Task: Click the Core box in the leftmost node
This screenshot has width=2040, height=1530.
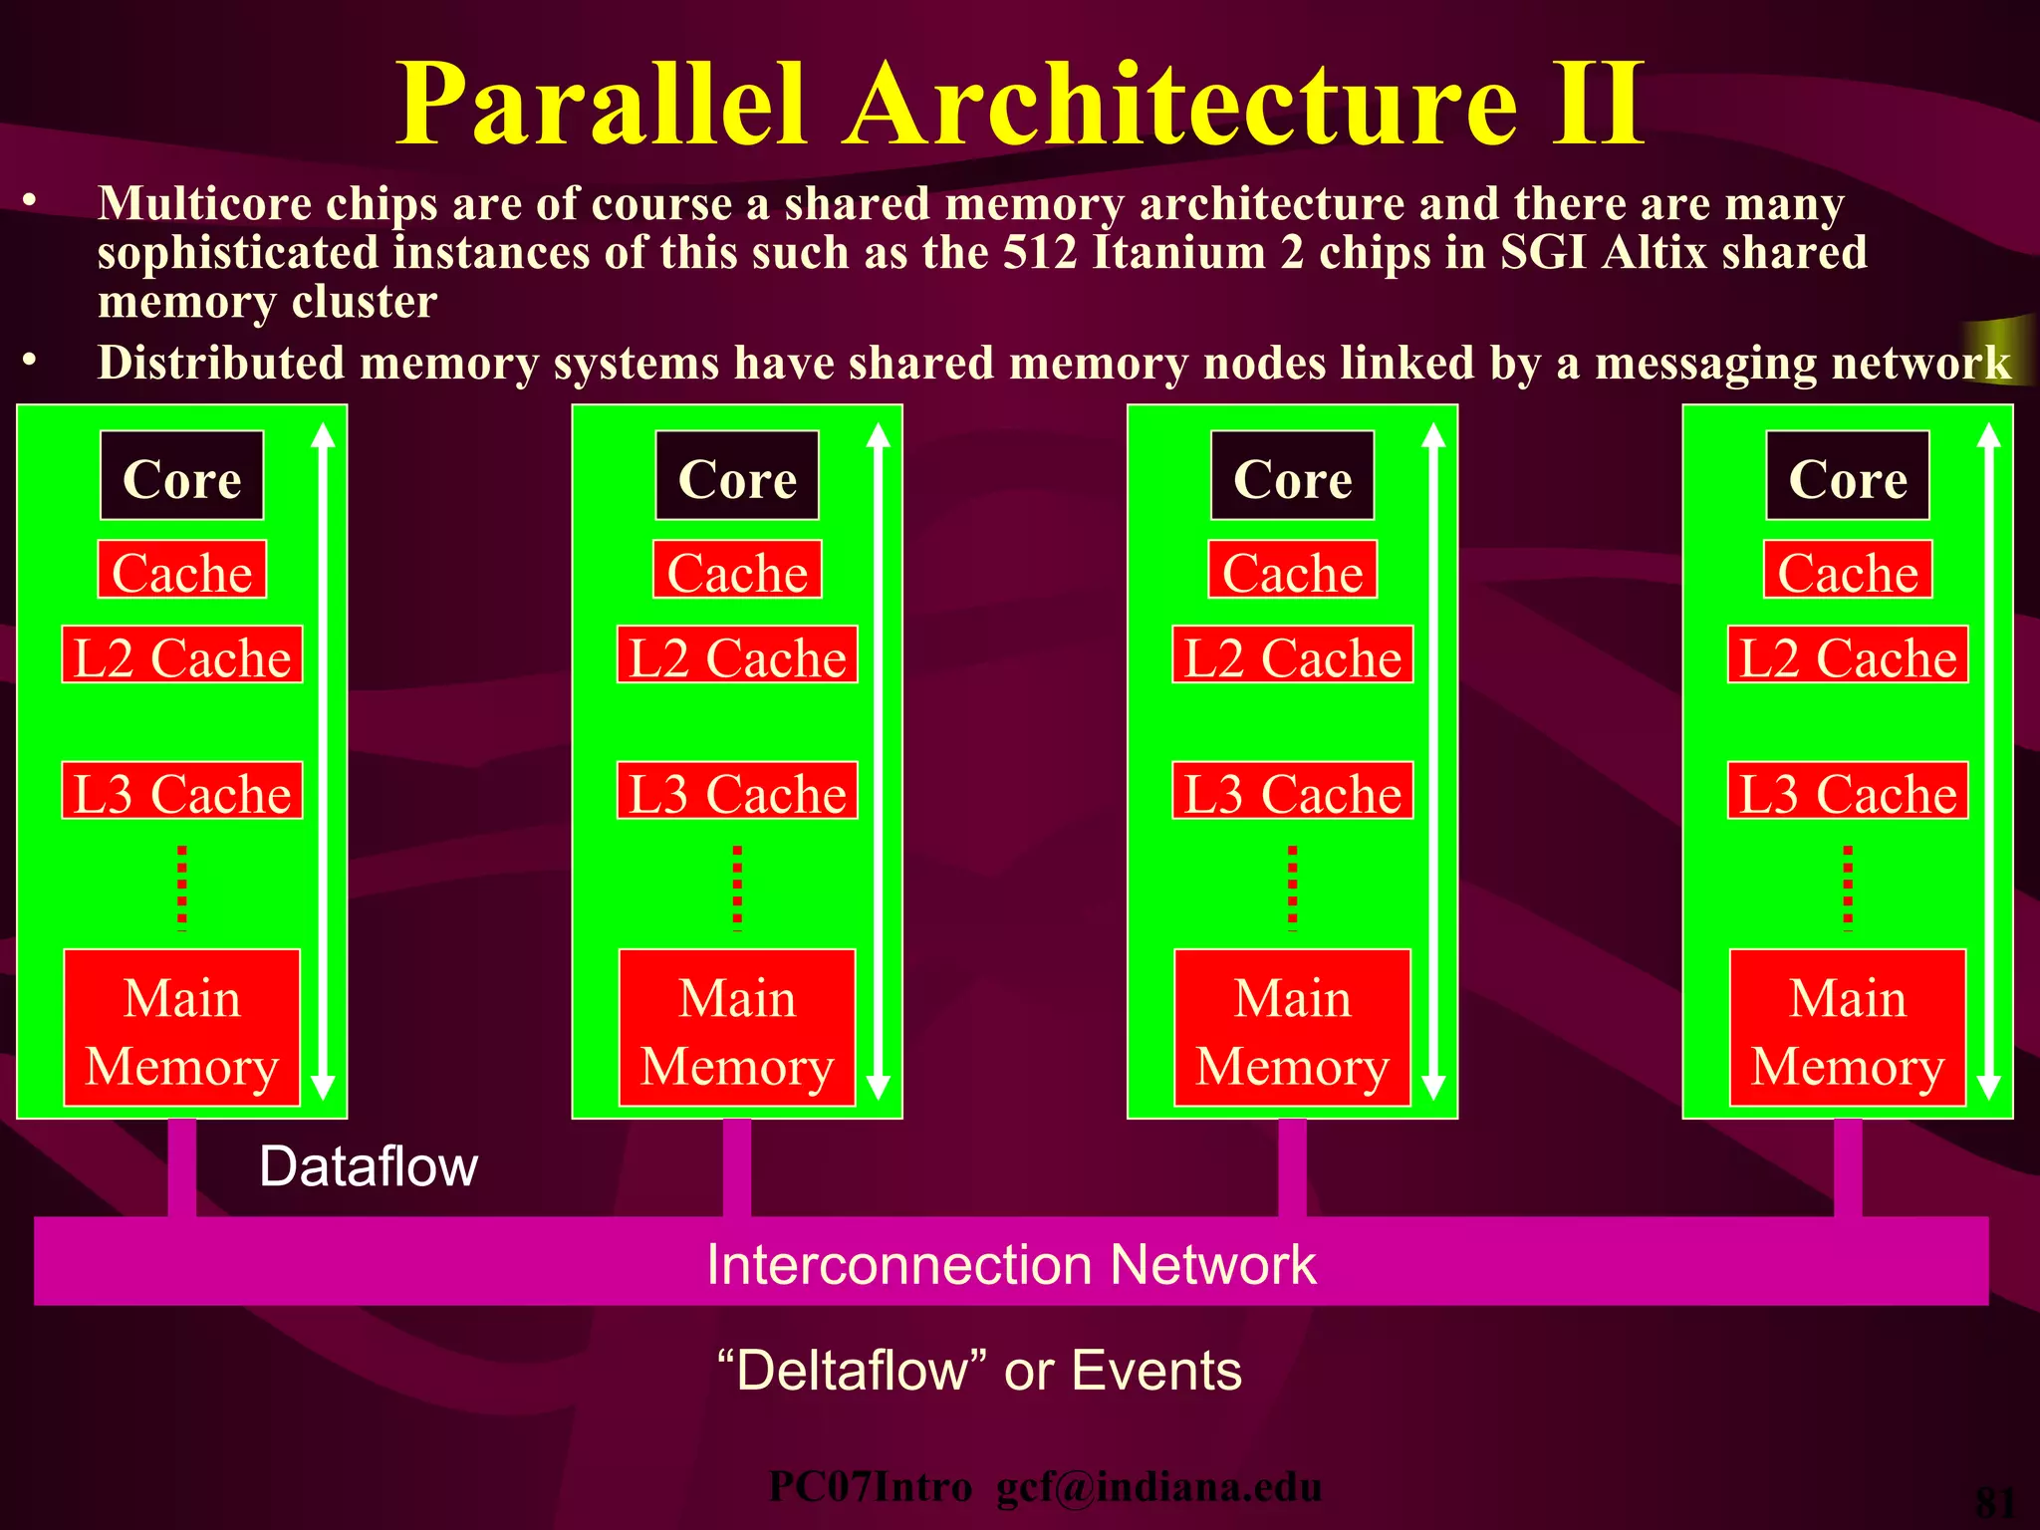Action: click(x=181, y=476)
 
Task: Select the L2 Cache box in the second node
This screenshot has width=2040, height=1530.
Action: click(x=737, y=655)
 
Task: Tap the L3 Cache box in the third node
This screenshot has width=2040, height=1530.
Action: click(x=1292, y=791)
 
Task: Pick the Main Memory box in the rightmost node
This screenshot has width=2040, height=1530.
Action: click(x=1848, y=1028)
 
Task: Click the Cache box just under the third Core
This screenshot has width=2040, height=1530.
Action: click(x=1292, y=570)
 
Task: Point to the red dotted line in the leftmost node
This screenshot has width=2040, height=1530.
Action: click(x=182, y=887)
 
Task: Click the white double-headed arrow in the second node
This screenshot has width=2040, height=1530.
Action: click(x=878, y=762)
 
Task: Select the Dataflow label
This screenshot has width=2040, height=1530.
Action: click(x=368, y=1166)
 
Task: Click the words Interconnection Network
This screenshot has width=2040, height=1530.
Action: click(x=1011, y=1264)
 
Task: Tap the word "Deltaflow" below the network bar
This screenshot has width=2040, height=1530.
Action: click(x=853, y=1370)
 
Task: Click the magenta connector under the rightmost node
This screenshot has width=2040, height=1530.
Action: click(x=1848, y=1167)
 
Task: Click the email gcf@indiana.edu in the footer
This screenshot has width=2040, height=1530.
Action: click(x=1158, y=1487)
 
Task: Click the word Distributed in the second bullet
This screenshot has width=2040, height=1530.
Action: click(x=221, y=363)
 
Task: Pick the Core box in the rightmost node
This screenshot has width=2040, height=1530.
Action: click(x=1848, y=476)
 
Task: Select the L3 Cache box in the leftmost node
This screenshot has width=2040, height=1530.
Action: click(x=181, y=791)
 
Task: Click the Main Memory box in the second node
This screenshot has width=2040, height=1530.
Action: click(x=737, y=1028)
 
